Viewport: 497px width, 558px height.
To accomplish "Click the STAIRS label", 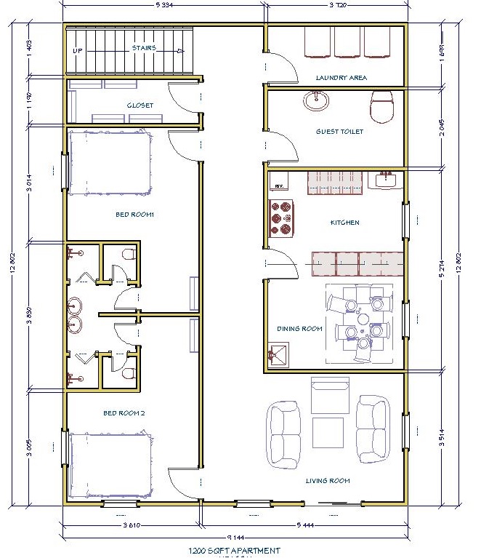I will [145, 49].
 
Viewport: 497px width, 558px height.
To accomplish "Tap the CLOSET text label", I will [140, 105].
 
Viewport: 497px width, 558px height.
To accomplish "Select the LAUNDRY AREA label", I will [341, 77].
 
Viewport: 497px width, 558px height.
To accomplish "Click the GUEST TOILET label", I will [339, 132].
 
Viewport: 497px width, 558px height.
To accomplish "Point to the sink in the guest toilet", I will [316, 100].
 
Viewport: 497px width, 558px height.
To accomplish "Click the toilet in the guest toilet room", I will [381, 106].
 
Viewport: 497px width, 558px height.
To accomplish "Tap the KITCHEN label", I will [344, 223].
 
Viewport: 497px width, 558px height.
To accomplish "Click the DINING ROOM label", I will [299, 329].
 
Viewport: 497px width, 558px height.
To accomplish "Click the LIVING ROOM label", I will [327, 480].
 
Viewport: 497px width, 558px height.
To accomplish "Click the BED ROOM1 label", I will [135, 215].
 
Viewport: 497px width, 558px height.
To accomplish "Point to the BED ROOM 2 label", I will [124, 413].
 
